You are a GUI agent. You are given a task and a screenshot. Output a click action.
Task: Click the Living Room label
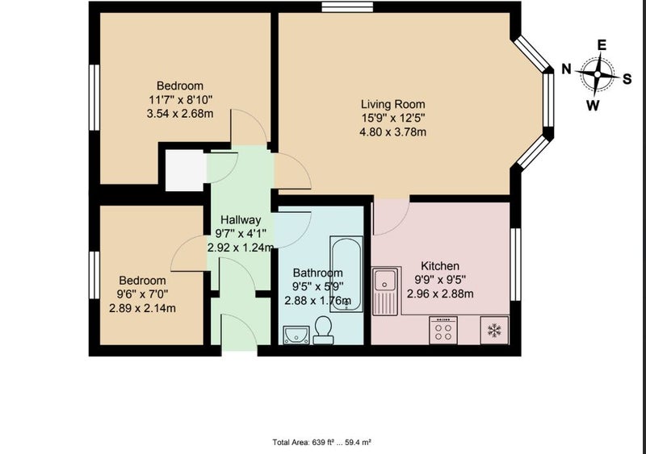coord(392,104)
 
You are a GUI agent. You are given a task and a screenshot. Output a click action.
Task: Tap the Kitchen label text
coord(439,266)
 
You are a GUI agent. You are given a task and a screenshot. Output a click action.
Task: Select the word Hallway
coord(241,219)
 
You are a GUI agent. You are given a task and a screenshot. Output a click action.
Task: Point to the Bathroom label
coord(317,273)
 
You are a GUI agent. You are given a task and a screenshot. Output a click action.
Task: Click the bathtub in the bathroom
coord(346,274)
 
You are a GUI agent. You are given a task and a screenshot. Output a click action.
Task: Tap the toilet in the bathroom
coord(323,330)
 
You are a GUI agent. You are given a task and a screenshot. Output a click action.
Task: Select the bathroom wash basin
coord(296,335)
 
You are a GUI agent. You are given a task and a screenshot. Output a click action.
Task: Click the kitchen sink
coord(385,290)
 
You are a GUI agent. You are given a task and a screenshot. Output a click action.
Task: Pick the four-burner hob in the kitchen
coord(443,330)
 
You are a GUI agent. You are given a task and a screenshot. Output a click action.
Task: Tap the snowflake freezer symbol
coord(494,330)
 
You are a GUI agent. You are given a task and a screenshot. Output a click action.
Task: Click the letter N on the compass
coord(567,69)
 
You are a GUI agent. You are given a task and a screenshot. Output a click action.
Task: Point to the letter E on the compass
coord(602,45)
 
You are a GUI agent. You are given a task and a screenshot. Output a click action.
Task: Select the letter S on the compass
coord(627,78)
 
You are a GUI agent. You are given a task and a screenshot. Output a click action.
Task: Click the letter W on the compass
coord(593,106)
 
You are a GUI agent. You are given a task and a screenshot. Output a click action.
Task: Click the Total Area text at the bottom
coord(321,443)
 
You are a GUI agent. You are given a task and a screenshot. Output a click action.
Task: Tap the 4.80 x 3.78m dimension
coord(392,132)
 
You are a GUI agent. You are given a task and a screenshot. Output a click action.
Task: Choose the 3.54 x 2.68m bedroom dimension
coord(180,113)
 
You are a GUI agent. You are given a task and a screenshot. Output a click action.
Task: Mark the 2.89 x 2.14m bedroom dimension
coord(142,308)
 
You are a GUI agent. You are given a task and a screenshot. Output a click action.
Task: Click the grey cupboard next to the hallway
coord(185,170)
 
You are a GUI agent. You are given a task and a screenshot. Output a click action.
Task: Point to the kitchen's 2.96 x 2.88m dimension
coord(440,294)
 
